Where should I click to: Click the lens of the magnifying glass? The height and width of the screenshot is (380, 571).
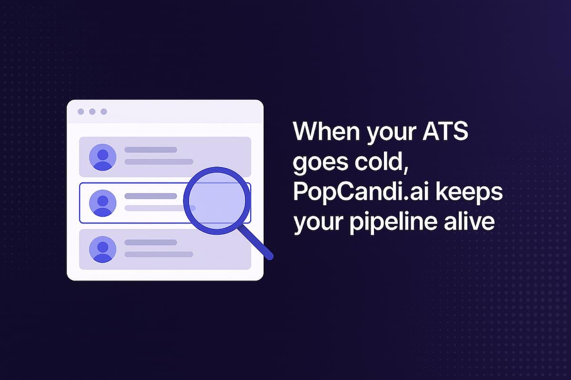217,200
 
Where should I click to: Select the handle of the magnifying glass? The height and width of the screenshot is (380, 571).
256,243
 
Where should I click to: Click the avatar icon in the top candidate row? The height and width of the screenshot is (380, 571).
103,157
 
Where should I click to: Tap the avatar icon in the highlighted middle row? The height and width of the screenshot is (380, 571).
103,203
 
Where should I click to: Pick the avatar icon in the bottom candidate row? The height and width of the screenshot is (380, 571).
103,249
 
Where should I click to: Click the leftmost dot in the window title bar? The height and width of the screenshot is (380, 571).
81,112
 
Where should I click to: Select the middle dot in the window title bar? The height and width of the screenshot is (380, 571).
92,112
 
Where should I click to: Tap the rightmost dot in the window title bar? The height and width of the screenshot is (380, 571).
104,112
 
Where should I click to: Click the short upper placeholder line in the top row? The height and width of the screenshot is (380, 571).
151,150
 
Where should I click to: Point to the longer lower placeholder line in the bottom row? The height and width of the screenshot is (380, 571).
159,254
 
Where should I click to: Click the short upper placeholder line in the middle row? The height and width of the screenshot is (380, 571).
151,196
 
